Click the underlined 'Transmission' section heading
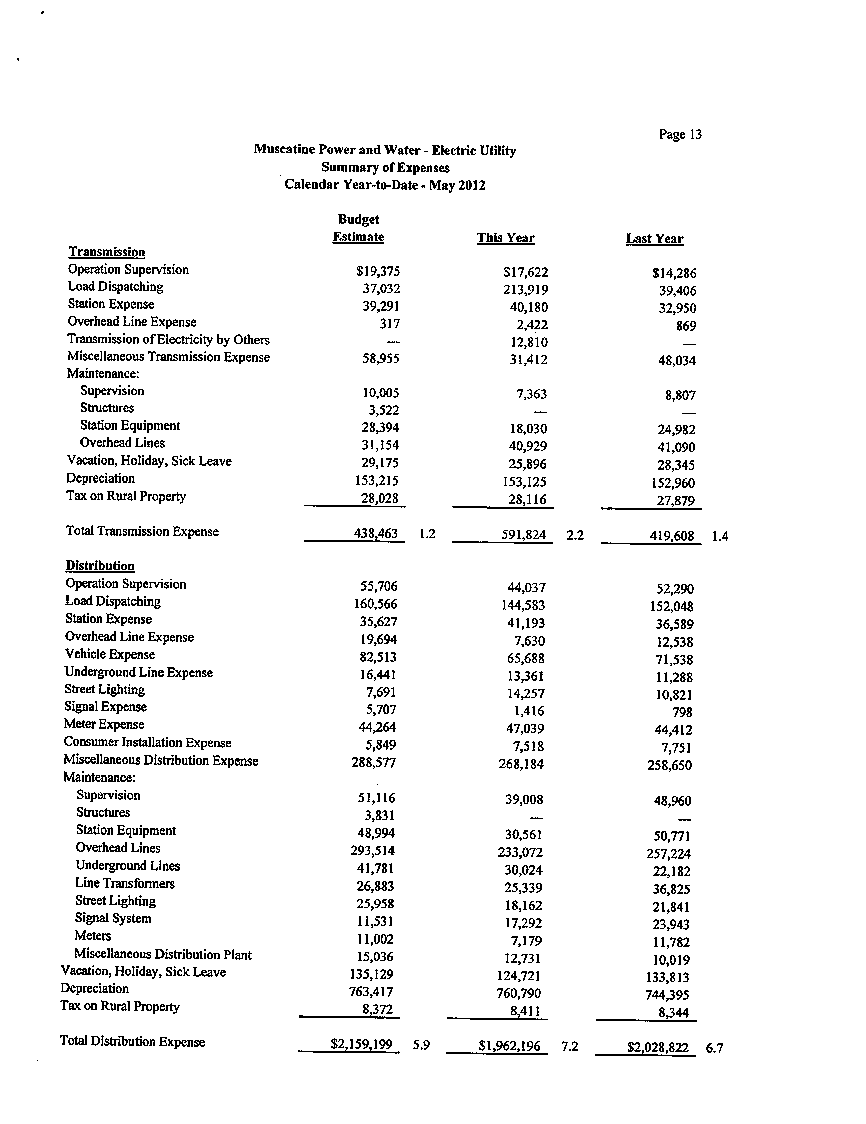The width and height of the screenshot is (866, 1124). pos(106,252)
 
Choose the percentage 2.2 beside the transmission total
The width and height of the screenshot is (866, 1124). pos(575,535)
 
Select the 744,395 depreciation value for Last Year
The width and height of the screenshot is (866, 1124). pos(667,995)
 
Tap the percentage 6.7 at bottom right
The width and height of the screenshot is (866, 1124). pos(714,1048)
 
